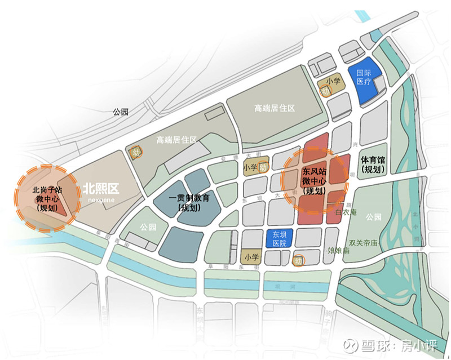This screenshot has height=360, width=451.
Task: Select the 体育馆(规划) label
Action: (373, 165)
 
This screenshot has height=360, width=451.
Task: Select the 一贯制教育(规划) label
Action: (190, 202)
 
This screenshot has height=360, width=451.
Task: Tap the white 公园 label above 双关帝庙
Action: (373, 216)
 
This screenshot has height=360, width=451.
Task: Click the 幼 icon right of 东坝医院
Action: (298, 261)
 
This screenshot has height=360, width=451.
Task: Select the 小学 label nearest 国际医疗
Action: (333, 81)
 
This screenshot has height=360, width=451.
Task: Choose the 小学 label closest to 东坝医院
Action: (251, 256)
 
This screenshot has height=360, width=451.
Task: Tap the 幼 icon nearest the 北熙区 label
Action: (135, 152)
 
